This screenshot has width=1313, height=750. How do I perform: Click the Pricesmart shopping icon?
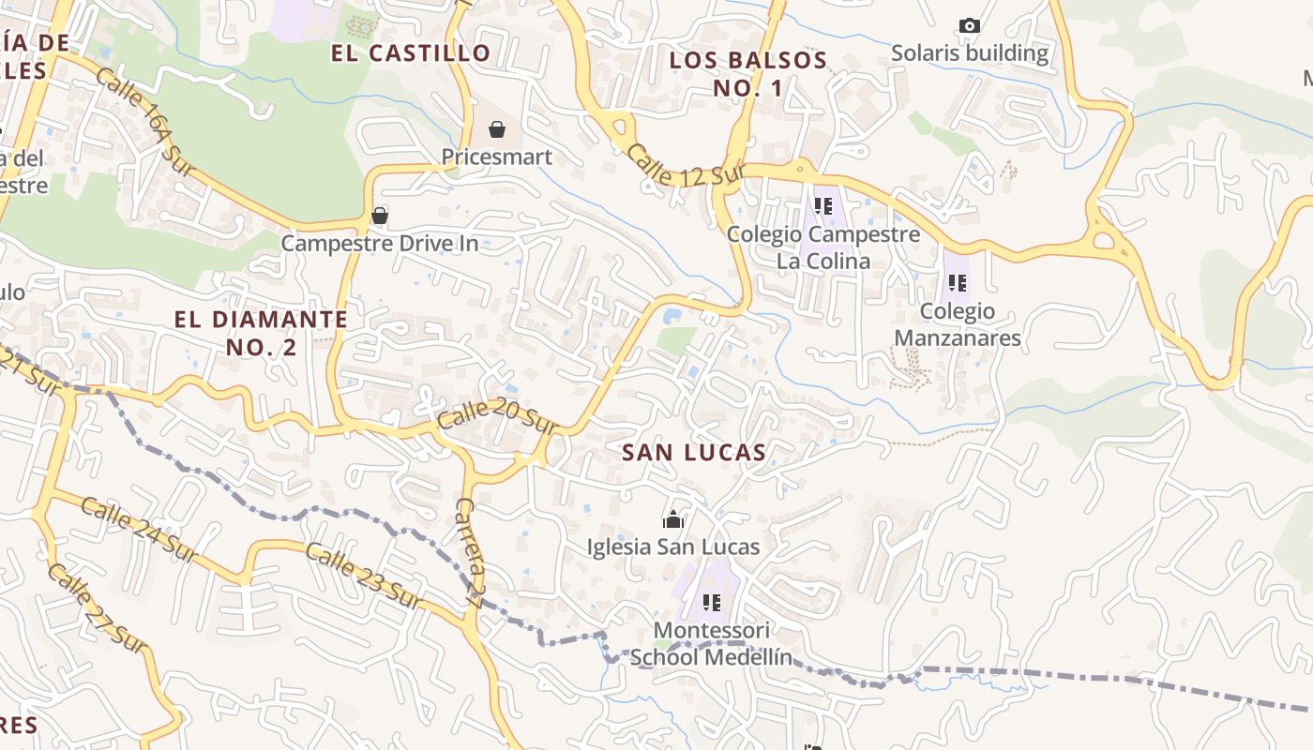point(496,129)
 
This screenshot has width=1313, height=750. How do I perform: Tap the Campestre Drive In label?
point(380,244)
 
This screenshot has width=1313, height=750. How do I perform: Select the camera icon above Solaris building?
point(970,26)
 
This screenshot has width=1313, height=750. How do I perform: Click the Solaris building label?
point(970,53)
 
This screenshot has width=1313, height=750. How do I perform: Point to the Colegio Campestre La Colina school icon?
point(823,206)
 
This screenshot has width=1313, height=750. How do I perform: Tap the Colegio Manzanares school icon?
point(957,283)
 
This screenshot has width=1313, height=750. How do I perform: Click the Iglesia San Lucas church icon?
point(672,519)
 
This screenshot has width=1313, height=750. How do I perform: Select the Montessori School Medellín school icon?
point(711,603)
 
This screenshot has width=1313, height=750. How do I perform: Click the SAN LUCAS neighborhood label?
point(694,453)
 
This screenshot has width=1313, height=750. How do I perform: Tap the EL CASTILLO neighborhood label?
point(411,53)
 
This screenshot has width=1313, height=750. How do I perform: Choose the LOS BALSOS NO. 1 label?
point(747,74)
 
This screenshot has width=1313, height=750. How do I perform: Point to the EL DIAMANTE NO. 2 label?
point(261,333)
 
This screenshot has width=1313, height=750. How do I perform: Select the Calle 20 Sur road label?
point(497,416)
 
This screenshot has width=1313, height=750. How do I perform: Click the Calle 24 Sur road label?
point(139,531)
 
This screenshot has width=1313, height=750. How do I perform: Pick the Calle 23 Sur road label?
point(360,576)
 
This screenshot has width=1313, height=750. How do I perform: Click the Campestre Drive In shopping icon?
point(380,217)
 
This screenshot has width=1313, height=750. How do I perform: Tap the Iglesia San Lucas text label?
point(672,547)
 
